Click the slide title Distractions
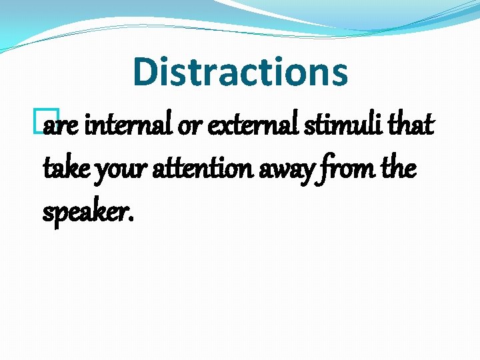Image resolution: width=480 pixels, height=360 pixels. click(240, 72)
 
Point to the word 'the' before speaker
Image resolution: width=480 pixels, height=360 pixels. click(400, 169)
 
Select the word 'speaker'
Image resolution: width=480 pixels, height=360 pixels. click(84, 213)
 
